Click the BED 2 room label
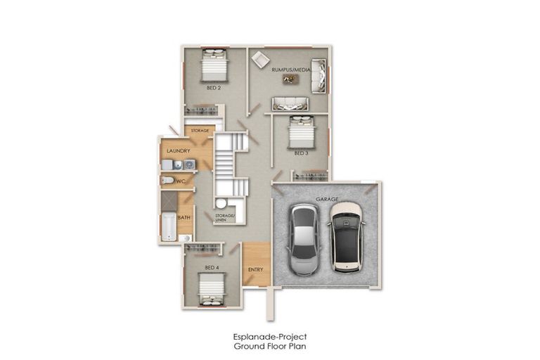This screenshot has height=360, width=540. pos(214,88)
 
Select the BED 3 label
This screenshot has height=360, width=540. pos(301,153)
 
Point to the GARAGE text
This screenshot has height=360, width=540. pos(327,199)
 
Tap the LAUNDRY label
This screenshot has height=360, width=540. pos(174,150)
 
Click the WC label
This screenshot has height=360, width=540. pos(181,181)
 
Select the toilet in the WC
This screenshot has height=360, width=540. pos(167,181)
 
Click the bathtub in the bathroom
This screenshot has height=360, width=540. pos(168,226)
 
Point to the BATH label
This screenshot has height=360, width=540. pos(184,217)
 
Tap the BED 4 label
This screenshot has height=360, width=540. pos(212,268)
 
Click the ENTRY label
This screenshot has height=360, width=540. pos(255,269)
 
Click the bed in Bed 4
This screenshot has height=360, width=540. pos(211,289)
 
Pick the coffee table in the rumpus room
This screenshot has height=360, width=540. pos(290,79)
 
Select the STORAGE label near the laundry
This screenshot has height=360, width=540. pos(200,130)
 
